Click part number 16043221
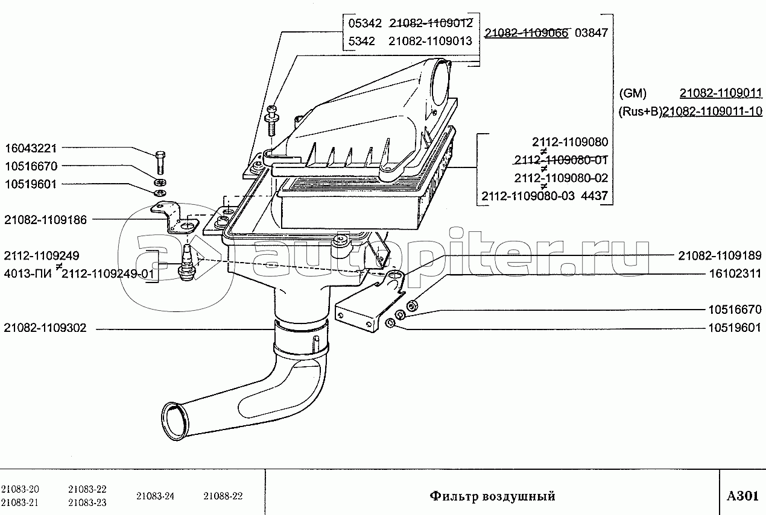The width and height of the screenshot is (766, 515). point(31,148)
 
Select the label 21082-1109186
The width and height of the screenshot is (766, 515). point(45,220)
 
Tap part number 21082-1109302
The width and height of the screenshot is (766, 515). point(45,328)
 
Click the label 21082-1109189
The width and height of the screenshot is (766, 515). point(720,255)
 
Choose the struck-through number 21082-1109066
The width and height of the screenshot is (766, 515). point(527,33)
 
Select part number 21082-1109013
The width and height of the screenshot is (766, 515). point(430,41)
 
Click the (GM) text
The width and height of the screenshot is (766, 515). point(633,93)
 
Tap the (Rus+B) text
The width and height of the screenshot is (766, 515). point(641,111)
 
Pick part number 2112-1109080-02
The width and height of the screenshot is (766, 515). point(561,178)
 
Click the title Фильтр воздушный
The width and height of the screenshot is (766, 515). point(492,496)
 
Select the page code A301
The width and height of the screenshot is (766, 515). point(742,496)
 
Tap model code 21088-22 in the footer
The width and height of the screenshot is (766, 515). point(223,496)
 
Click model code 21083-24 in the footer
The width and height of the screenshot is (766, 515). point(155,496)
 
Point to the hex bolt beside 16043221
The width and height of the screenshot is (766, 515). point(160,162)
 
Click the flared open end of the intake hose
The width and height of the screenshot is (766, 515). point(176,422)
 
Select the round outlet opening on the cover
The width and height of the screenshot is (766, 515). point(440,83)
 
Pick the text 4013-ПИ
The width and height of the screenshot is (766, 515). point(28,274)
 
